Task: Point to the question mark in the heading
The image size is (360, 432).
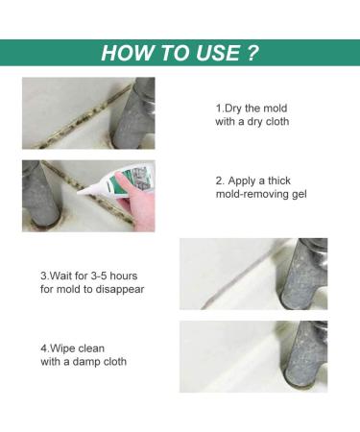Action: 252,53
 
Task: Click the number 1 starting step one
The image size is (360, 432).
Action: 218,108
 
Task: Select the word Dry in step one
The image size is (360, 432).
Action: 232,108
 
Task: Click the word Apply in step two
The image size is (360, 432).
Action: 242,181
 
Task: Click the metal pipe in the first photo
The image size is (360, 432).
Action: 133,113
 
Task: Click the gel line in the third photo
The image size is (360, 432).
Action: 243,276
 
